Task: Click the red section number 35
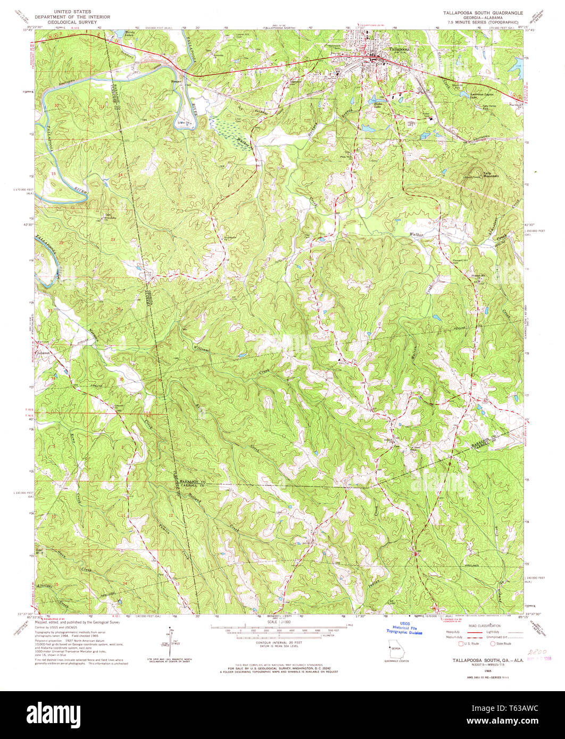121,379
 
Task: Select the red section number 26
119,309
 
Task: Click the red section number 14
120,175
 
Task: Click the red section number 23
113,240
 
